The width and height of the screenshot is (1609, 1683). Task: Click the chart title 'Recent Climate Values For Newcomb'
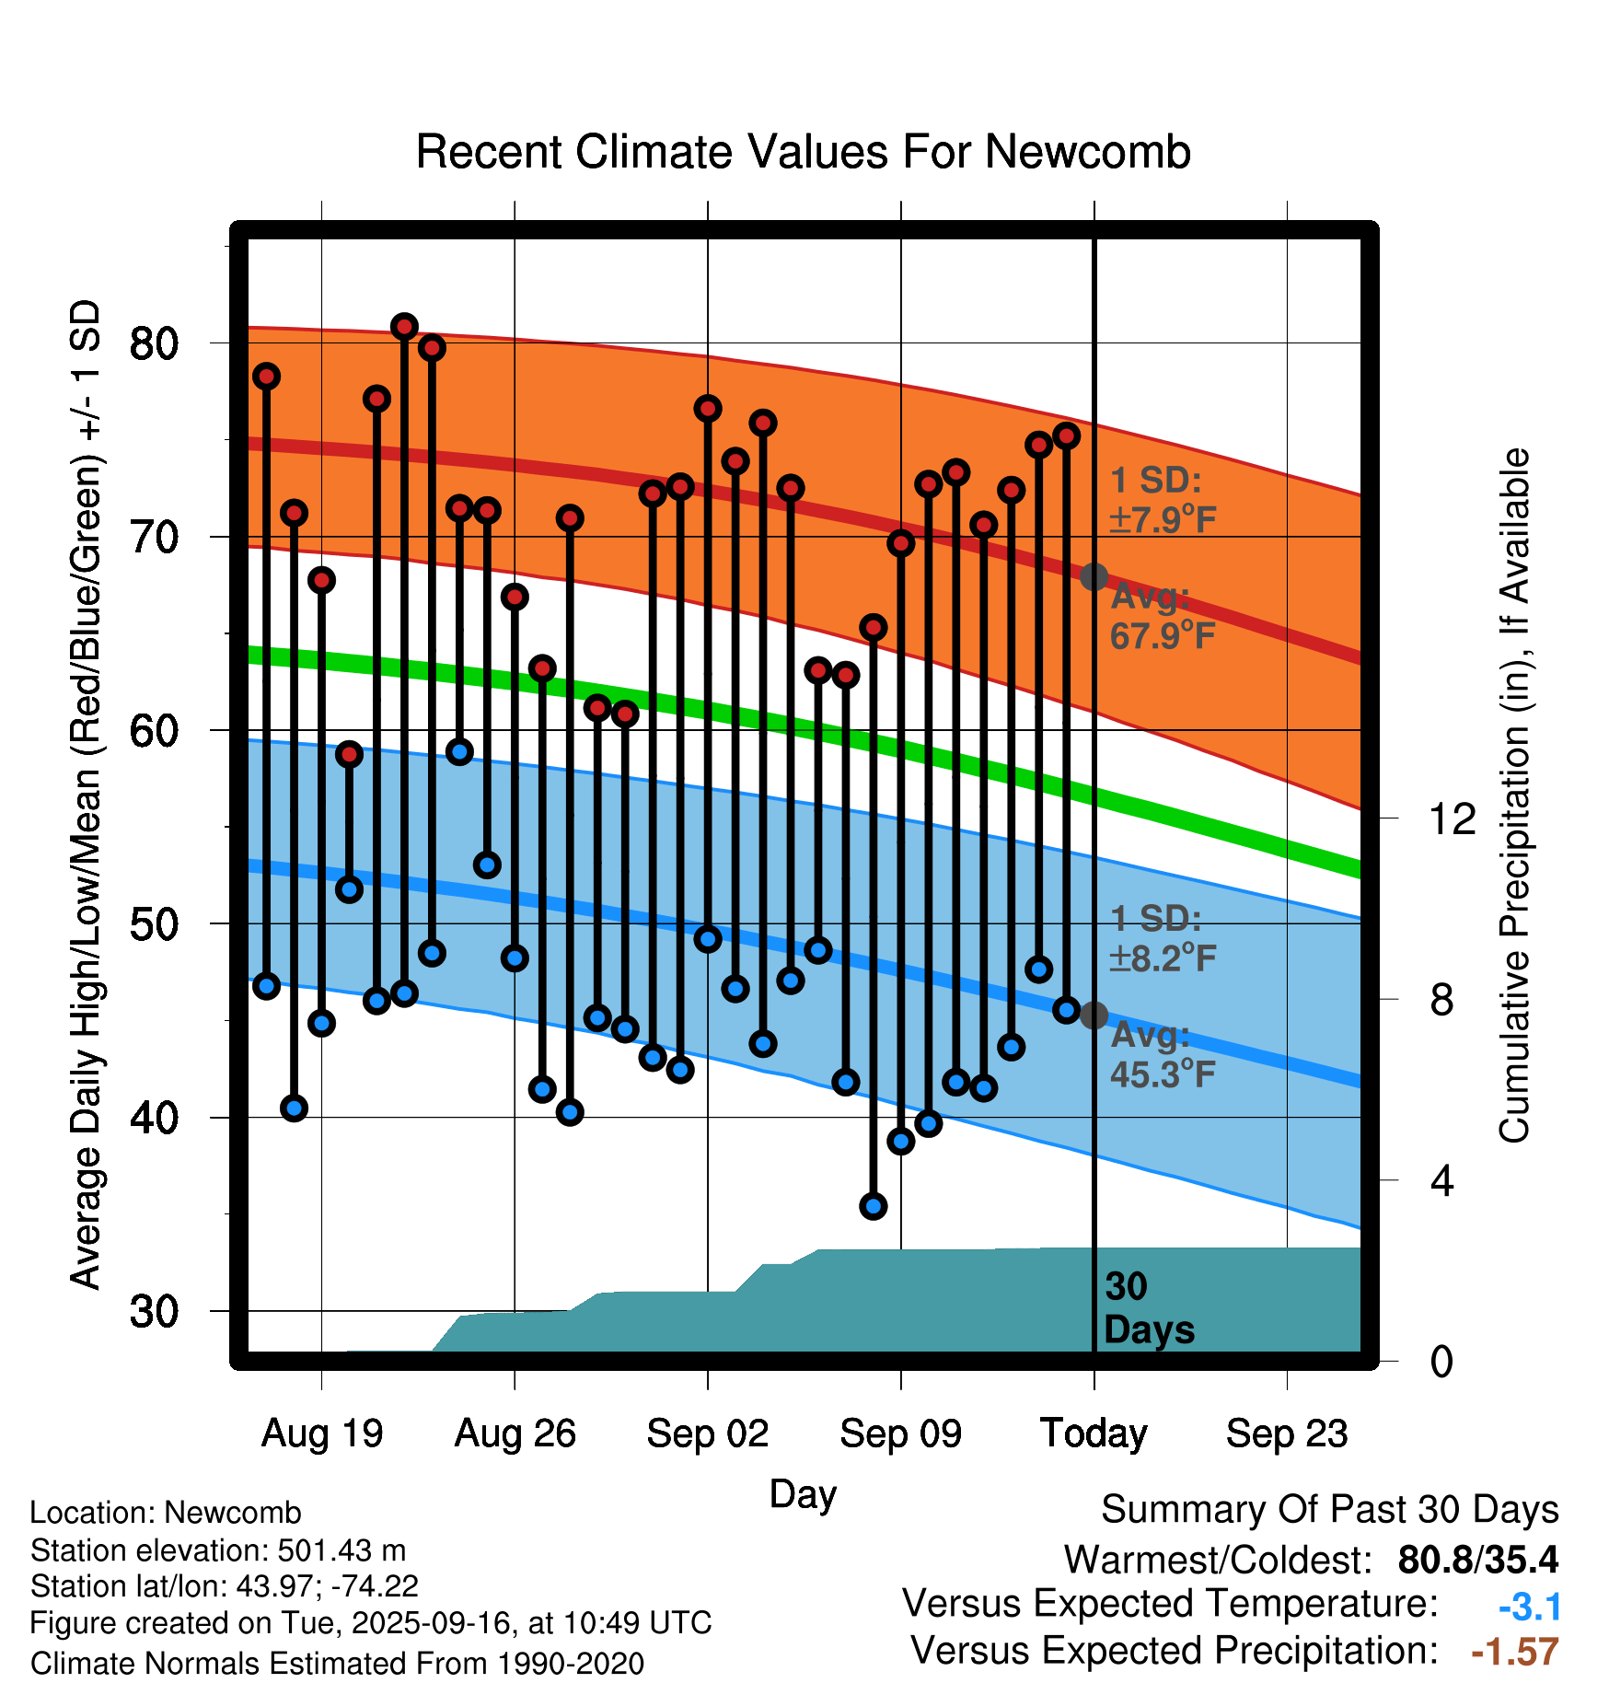[x=803, y=152]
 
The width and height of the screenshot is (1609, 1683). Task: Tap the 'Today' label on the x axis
[x=1094, y=1433]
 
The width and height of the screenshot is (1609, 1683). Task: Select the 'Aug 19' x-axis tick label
[x=321, y=1433]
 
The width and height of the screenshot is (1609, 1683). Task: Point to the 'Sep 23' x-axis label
[x=1286, y=1433]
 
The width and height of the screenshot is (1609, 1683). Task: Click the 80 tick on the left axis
[x=154, y=343]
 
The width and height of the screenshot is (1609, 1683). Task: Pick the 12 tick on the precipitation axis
[x=1452, y=818]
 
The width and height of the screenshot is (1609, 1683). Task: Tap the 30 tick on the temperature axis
[x=154, y=1311]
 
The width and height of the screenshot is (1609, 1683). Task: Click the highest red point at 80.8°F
[x=404, y=327]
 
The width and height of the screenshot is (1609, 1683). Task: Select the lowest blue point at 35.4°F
[x=874, y=1206]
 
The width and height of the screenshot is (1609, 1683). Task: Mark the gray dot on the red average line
[x=1094, y=577]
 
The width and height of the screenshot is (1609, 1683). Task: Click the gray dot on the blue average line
[x=1094, y=1016]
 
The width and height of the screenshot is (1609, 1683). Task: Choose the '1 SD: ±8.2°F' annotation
[x=1162, y=938]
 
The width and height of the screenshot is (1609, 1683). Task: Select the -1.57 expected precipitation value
[x=1514, y=1652]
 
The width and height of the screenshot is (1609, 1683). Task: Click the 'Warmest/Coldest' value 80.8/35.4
[x=1477, y=1560]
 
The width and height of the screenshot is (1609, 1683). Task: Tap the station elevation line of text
[x=218, y=1550]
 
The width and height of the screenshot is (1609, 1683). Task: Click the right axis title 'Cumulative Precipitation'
[x=1513, y=795]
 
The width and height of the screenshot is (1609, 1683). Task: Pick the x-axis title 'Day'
[x=803, y=1493]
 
